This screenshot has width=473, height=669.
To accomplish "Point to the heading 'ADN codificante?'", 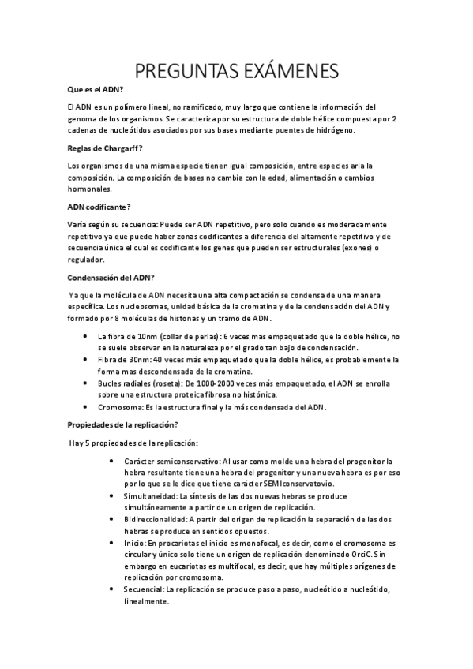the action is [x=98, y=206].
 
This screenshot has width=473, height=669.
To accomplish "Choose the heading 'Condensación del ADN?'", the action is [x=111, y=277].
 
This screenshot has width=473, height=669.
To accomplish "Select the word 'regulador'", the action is [x=86, y=260].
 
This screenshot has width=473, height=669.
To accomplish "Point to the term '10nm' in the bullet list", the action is [x=137, y=336].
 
